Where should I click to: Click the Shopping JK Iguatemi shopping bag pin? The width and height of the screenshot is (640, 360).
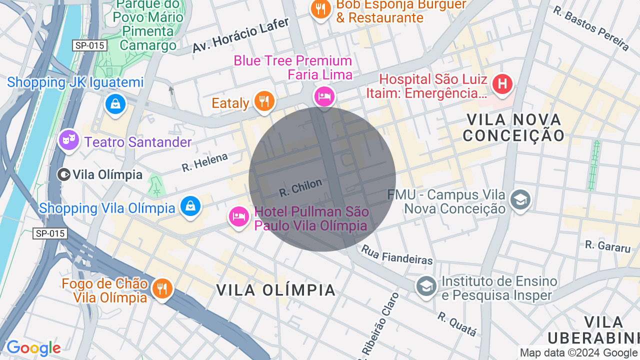pos(115,104)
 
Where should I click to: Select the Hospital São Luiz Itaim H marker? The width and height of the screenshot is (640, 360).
pos(502,83)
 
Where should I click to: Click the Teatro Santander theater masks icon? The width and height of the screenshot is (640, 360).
pos(69,139)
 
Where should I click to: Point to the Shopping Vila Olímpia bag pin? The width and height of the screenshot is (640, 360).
pos(190,205)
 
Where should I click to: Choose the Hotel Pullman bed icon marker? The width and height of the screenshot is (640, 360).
pos(239,216)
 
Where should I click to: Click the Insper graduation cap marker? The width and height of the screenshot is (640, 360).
pos(426,286)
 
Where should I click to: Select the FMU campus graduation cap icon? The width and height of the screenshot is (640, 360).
pos(520,200)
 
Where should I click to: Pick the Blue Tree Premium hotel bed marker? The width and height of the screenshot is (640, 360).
pos(324,95)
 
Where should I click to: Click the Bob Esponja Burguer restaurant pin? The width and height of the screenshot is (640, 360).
pos(320,9)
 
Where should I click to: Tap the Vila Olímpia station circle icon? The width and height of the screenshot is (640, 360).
pos(63,174)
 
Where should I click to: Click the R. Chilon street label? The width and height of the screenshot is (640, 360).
pos(300,187)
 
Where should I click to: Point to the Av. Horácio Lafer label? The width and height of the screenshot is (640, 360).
pos(240,35)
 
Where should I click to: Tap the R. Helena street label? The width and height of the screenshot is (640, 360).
pos(204,162)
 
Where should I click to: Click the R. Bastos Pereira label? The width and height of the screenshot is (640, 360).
pos(591,28)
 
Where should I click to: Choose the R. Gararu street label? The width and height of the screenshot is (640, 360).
pos(607,245)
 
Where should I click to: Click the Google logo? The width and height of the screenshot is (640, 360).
pos(33,348)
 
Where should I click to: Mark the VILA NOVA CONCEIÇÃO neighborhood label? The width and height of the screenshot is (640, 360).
pos(513,127)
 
